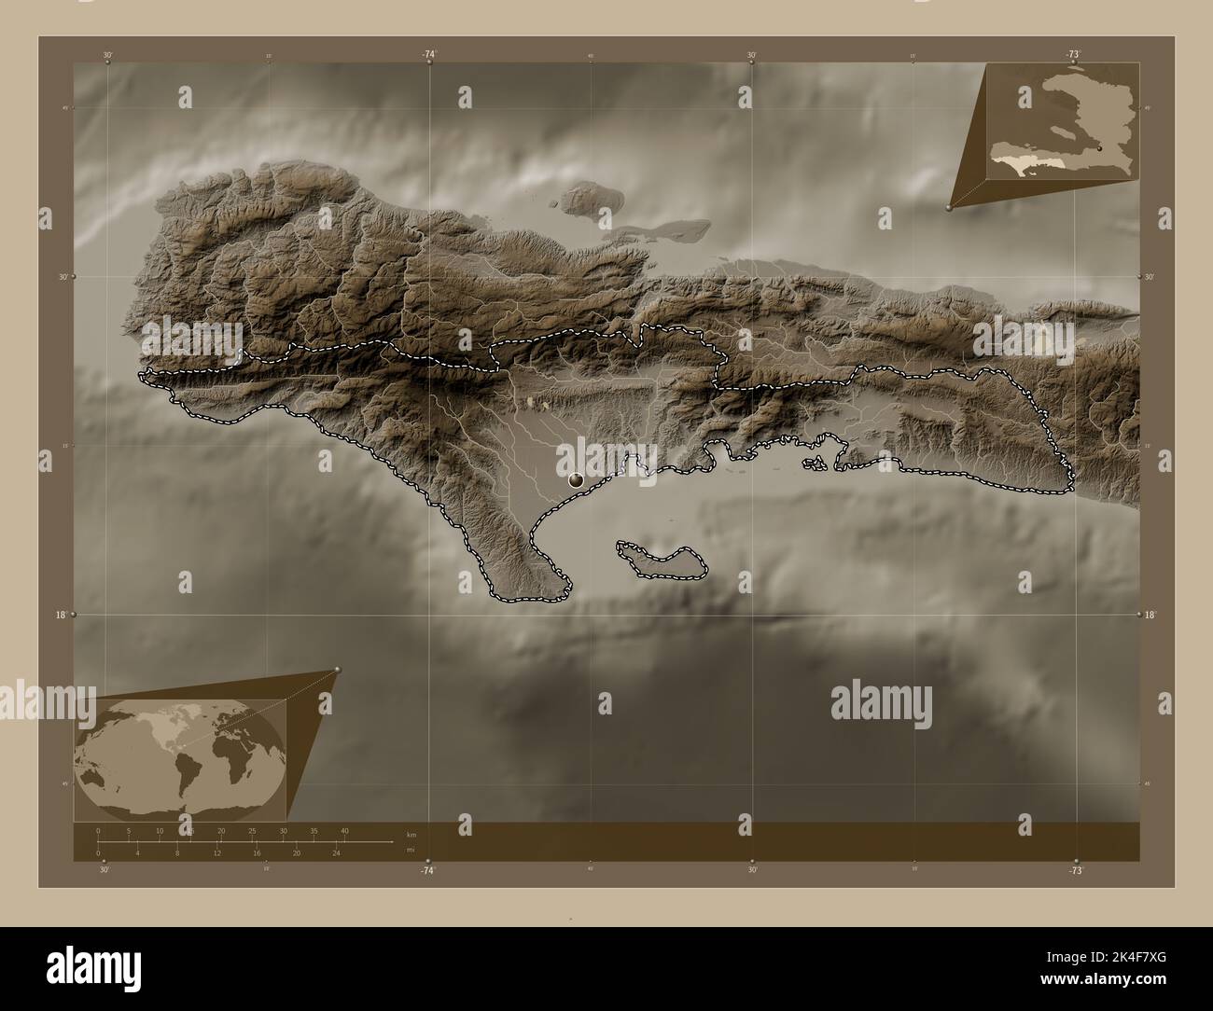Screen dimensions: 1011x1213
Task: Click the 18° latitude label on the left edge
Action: click(x=62, y=615)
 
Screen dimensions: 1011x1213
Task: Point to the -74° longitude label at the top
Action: click(x=428, y=55)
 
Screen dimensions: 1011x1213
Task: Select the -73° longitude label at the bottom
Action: click(x=1075, y=869)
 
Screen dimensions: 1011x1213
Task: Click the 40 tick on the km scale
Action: click(x=344, y=830)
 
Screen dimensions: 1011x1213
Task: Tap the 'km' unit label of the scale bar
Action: click(x=411, y=833)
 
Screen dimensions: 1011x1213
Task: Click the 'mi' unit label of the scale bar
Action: click(x=411, y=850)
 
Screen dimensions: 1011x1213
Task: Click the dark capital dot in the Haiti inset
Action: click(x=1101, y=148)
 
